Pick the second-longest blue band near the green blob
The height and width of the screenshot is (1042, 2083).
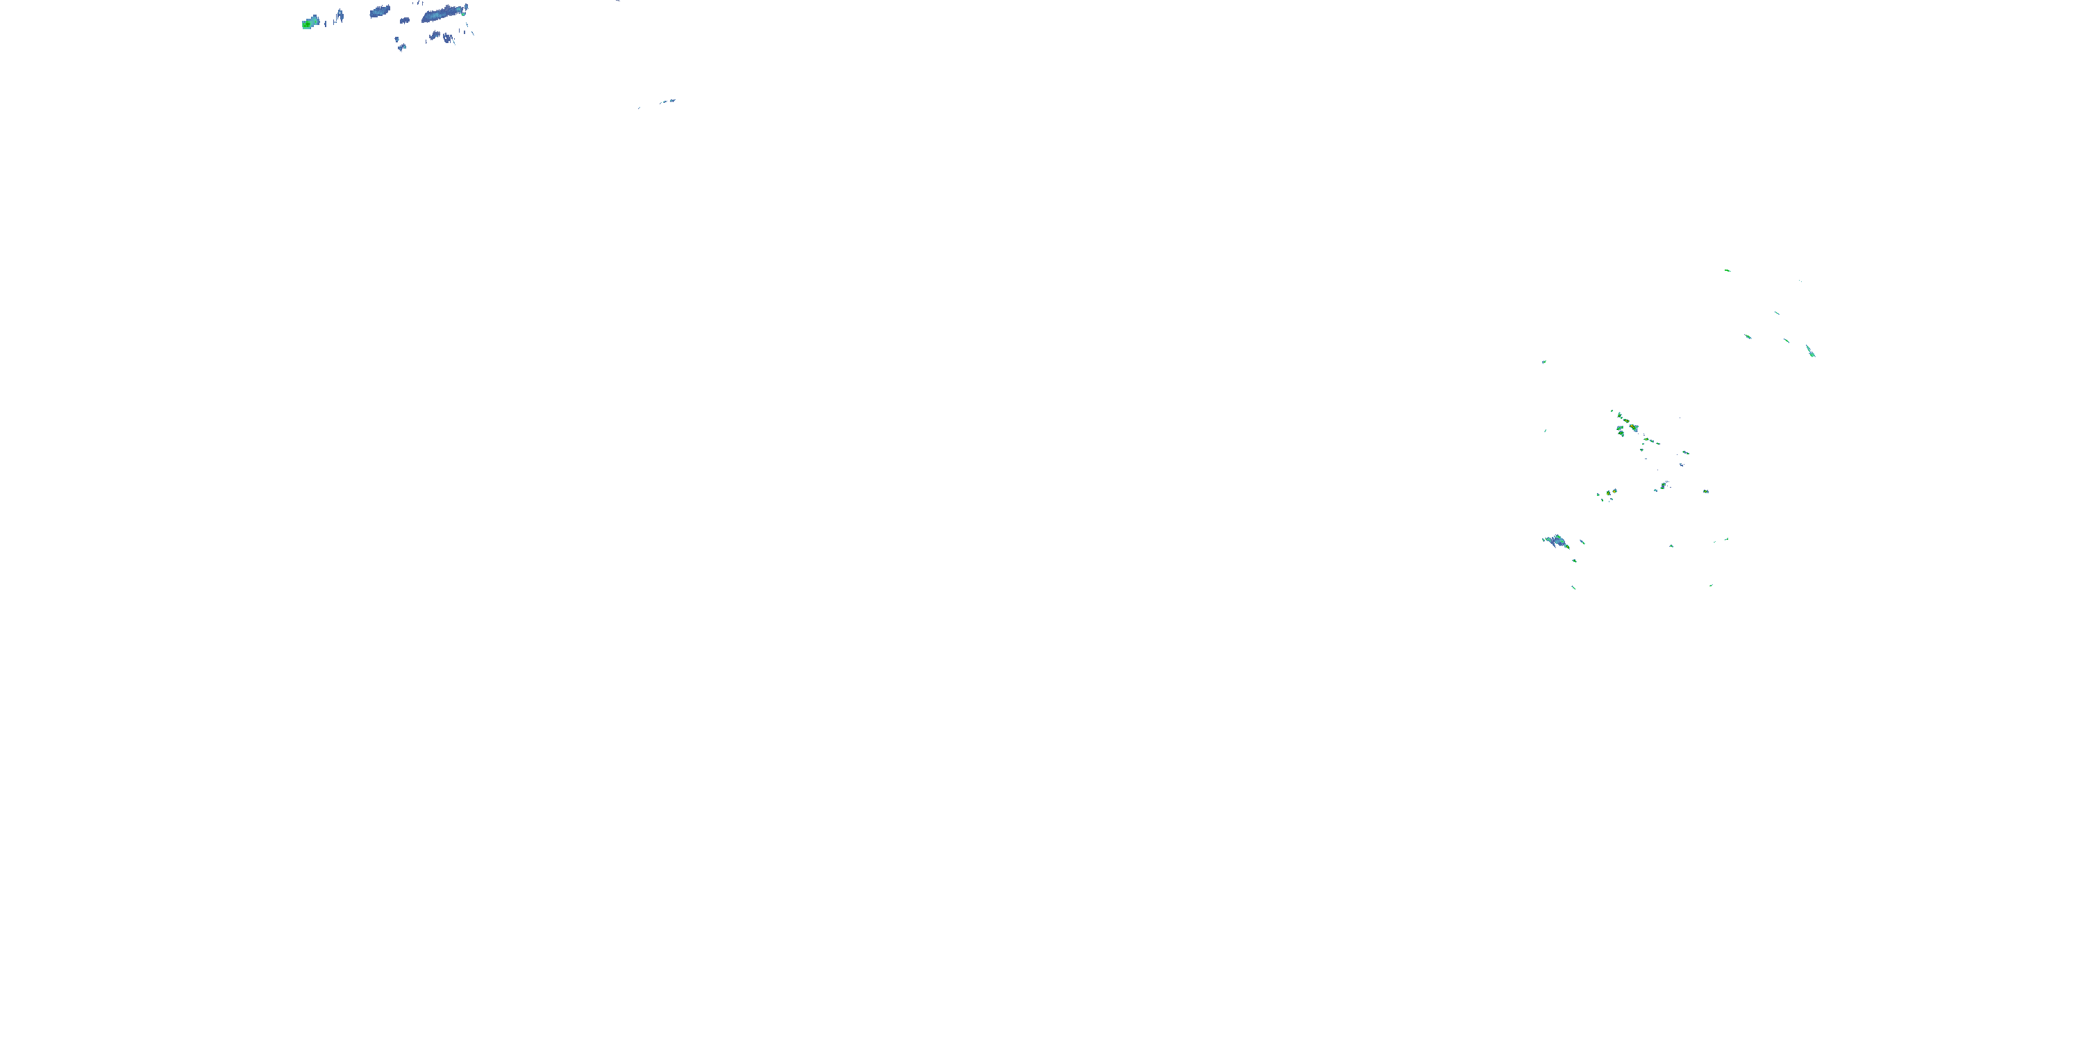379,11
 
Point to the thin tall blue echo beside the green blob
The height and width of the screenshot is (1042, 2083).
340,15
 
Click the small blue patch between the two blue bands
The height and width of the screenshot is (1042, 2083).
404,20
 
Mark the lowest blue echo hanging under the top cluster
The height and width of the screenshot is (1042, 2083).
402,48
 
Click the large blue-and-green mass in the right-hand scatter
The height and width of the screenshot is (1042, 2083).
1556,540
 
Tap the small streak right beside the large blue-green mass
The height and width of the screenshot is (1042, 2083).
1582,542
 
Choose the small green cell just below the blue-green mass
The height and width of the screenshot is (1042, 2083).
1574,560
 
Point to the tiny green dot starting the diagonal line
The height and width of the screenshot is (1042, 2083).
1612,412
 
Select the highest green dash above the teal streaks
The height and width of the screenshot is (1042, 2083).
1728,270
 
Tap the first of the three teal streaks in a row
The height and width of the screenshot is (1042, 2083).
1748,336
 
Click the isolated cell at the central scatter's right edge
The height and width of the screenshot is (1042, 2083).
1705,491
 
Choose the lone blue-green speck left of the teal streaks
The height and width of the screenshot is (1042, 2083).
1544,362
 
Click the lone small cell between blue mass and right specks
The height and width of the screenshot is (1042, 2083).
1671,546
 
